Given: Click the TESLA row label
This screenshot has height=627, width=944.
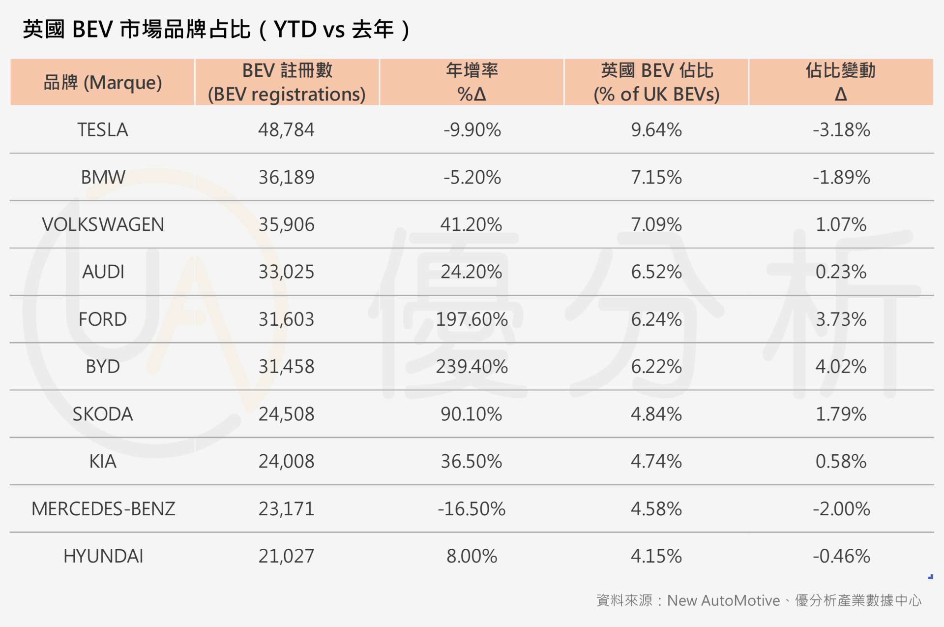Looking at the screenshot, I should click(x=102, y=130).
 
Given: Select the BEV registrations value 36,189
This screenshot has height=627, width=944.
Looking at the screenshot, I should click(x=286, y=177).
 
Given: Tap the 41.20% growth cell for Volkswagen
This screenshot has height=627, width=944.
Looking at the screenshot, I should click(x=471, y=224).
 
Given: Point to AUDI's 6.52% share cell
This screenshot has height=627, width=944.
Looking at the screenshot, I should click(x=656, y=272).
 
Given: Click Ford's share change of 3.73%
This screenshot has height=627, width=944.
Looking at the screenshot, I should click(x=841, y=319).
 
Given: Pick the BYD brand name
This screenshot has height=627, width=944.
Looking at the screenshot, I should click(x=102, y=367).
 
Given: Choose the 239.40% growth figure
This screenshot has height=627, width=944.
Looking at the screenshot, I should click(x=471, y=367).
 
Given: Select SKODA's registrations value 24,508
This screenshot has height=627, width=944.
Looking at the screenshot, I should click(x=286, y=414).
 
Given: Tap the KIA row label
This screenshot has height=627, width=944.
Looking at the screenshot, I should click(x=102, y=461).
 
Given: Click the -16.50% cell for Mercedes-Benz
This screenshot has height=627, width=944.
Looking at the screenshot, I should click(x=471, y=509).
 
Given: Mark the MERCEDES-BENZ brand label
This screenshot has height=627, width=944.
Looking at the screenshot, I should click(x=103, y=509).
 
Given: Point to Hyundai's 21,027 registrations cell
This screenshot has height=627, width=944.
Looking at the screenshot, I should click(x=286, y=556).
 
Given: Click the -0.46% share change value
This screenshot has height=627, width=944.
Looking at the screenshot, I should click(x=841, y=556).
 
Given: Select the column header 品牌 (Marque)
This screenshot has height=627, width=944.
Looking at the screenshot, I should click(x=102, y=82).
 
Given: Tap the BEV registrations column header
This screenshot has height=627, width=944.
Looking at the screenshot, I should click(x=287, y=82).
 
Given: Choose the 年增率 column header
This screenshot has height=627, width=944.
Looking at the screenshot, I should click(x=471, y=82).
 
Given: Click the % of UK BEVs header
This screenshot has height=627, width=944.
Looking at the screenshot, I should click(x=656, y=82).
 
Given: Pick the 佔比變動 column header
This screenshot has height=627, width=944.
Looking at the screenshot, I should click(x=841, y=82).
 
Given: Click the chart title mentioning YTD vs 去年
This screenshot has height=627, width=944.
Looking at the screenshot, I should click(x=216, y=30).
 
